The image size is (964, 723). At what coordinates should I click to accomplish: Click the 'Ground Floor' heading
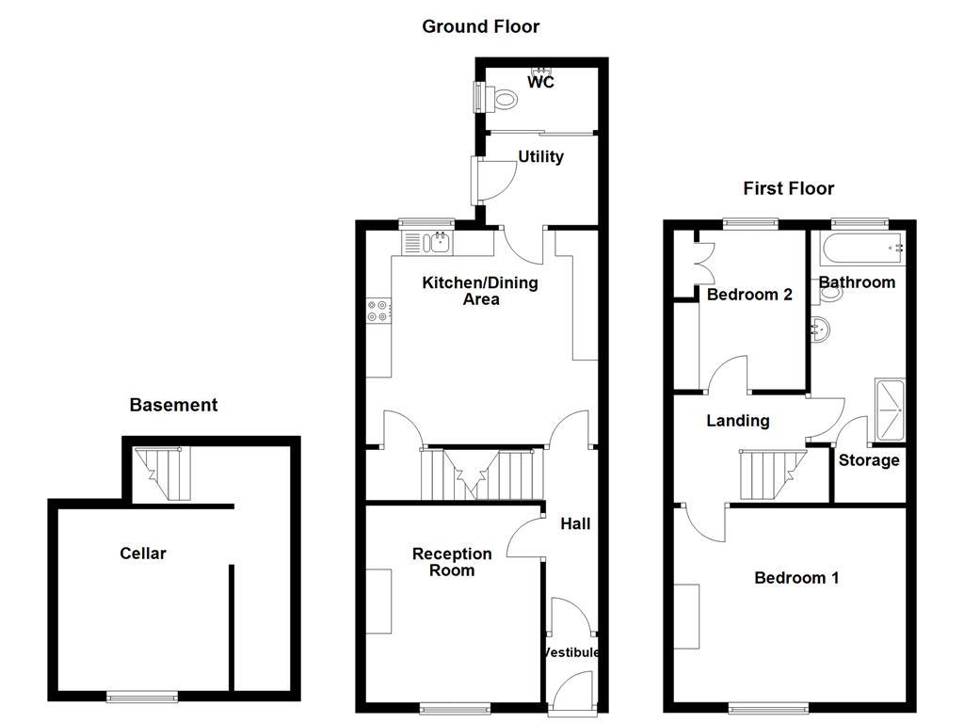tap(480, 26)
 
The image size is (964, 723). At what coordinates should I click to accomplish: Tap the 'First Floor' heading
tap(788, 188)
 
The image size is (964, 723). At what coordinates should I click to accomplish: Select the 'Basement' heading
tap(173, 405)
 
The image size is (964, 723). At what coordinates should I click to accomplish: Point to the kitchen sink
tap(428, 243)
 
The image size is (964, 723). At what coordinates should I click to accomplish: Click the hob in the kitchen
tap(378, 311)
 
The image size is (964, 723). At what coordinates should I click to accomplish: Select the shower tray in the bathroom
tap(890, 410)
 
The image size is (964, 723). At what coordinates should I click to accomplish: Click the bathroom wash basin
tap(821, 329)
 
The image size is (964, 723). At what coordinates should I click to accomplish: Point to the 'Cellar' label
tap(143, 553)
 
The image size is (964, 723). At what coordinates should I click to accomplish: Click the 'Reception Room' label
tap(452, 562)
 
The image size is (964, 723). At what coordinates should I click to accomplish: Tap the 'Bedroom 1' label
tap(796, 578)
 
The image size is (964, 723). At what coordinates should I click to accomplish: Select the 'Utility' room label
tap(540, 156)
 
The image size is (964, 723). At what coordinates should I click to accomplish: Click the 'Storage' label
tap(869, 460)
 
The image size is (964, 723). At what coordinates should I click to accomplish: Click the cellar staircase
tap(162, 474)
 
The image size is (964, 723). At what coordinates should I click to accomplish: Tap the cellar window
tap(142, 697)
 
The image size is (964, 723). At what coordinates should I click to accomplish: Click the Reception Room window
tap(455, 708)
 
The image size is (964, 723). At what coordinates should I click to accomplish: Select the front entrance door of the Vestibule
tap(572, 692)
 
